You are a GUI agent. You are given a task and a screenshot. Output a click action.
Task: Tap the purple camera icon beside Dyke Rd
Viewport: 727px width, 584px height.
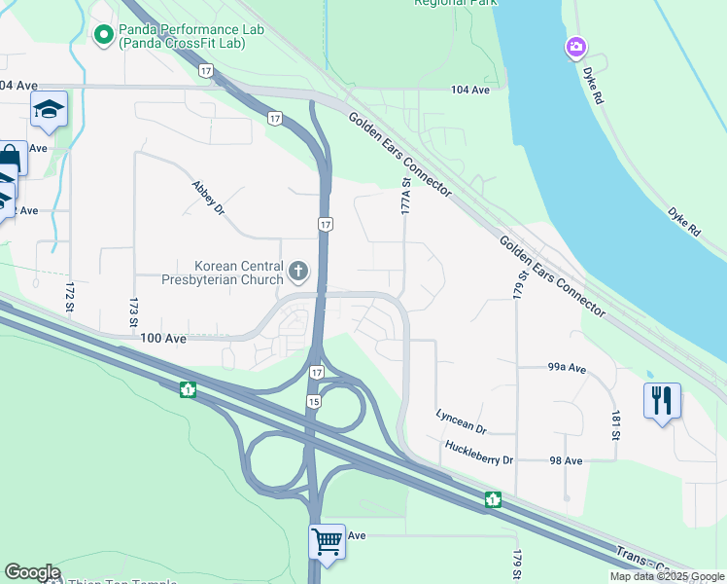[x=576, y=47]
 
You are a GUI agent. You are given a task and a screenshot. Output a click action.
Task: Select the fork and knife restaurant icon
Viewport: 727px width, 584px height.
[x=661, y=399]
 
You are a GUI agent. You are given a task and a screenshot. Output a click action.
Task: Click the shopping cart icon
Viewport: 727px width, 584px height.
[x=327, y=540]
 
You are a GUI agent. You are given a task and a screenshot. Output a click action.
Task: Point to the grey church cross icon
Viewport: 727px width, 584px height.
[x=298, y=270]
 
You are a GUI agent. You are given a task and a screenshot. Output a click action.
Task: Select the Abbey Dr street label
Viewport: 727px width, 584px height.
[x=208, y=198]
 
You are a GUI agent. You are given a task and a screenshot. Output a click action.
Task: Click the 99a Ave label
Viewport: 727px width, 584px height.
[x=567, y=368]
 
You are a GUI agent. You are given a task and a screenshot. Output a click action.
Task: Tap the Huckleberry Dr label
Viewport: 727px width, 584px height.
[x=478, y=449]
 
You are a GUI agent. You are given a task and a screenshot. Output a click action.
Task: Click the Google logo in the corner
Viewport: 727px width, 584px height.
[x=32, y=572]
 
